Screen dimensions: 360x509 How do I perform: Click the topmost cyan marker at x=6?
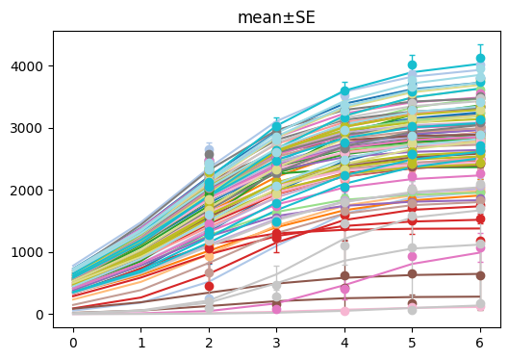tap(480, 60)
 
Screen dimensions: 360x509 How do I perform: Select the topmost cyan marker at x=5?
tap(413, 65)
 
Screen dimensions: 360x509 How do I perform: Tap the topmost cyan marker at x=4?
tap(344, 91)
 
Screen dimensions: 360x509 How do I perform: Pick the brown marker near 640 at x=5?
tap(413, 274)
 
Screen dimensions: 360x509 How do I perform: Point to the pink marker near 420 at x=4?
tap(344, 288)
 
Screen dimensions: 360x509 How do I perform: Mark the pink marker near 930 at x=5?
tap(413, 257)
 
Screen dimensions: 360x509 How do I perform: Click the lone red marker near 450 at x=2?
tap(209, 286)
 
